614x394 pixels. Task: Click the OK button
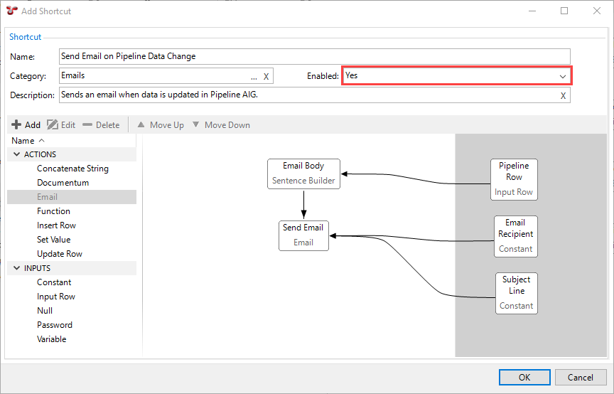coord(524,377)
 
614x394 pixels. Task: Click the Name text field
coord(314,56)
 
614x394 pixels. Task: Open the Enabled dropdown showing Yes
coord(456,75)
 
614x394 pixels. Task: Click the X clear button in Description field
coord(563,96)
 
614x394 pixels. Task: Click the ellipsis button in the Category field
coord(254,76)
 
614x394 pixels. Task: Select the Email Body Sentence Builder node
coord(303,174)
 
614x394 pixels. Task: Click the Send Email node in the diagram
coord(303,235)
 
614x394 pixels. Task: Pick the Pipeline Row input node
coord(514,179)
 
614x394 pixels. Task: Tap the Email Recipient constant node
coord(516,236)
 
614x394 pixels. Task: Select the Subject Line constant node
coord(516,293)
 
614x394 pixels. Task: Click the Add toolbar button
coord(26,125)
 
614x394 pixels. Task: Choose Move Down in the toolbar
coord(221,125)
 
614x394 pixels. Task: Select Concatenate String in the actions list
coord(72,169)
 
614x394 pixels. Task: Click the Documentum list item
coord(63,183)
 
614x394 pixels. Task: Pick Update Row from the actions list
coord(60,254)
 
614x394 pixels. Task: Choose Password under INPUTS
coord(55,325)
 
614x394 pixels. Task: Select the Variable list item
coord(51,339)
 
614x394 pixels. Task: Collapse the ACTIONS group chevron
coord(17,154)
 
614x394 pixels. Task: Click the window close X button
coord(596,11)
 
